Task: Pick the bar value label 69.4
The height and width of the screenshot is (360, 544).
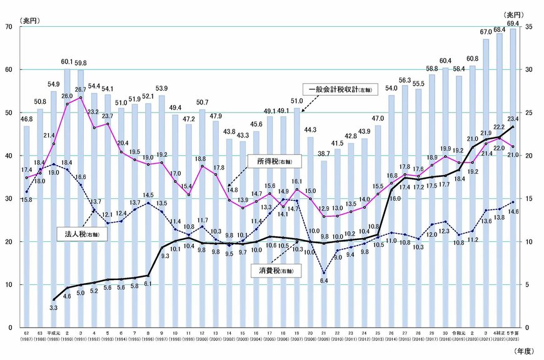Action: click(513, 23)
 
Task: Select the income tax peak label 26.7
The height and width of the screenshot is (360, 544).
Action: click(81, 90)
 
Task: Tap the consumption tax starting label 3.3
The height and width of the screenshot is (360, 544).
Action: click(53, 308)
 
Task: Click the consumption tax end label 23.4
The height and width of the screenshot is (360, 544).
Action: click(514, 119)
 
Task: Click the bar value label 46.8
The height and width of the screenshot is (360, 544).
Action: click(26, 119)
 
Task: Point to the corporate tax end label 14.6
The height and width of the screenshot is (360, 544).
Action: click(514, 212)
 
